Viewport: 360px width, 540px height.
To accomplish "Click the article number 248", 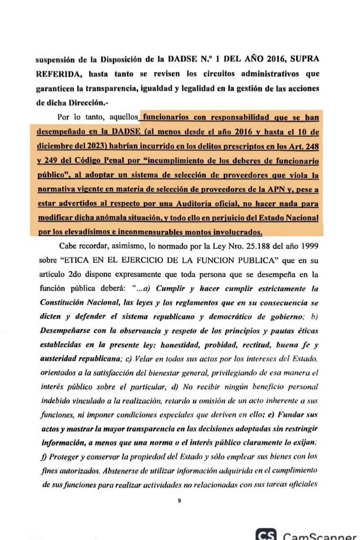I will point(311,144).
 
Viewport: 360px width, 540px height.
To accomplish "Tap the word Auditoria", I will point(168,202).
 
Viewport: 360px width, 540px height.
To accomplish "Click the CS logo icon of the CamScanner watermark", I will point(266,535).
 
